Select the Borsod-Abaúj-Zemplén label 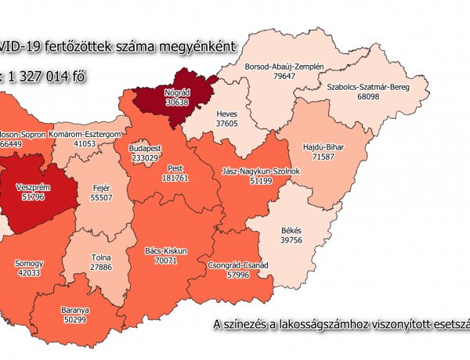click(x=284, y=67)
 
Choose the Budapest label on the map click(x=145, y=147)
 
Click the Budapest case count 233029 click(x=145, y=157)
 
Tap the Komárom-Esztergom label click(x=85, y=135)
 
